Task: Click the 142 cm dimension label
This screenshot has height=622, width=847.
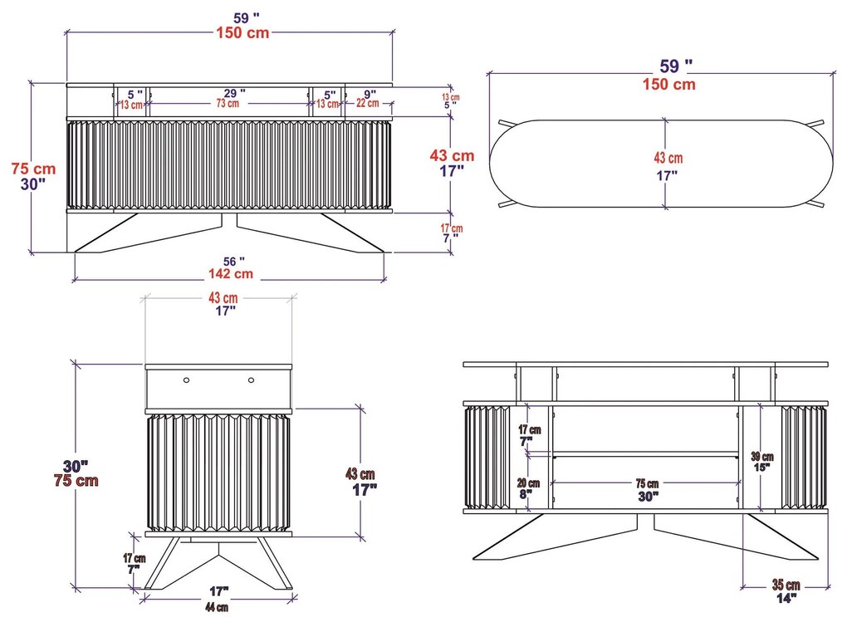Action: point(231,274)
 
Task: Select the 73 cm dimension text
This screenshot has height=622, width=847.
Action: point(228,103)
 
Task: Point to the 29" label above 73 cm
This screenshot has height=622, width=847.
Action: point(234,93)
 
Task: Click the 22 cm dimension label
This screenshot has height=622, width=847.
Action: point(367,103)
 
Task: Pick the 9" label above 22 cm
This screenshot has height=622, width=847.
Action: point(370,95)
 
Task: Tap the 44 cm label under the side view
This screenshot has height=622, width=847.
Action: point(217,607)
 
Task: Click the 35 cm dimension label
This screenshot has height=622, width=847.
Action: point(786,585)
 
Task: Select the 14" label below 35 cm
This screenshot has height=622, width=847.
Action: point(786,598)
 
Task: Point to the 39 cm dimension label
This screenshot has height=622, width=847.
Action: point(762,457)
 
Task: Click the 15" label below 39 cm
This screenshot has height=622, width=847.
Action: point(761,467)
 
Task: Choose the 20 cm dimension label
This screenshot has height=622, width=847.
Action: point(528,483)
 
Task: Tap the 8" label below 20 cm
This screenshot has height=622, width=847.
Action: point(526,494)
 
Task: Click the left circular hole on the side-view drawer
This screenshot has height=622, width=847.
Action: point(186,380)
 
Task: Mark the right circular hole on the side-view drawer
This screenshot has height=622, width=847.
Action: point(251,380)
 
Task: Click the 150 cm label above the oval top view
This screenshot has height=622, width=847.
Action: point(668,85)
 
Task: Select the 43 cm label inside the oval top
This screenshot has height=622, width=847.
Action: point(668,159)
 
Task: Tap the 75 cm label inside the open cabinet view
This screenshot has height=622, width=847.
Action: point(647,483)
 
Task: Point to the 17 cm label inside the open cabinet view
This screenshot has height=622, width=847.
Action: point(530,430)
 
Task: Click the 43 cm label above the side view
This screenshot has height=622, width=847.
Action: point(223,298)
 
